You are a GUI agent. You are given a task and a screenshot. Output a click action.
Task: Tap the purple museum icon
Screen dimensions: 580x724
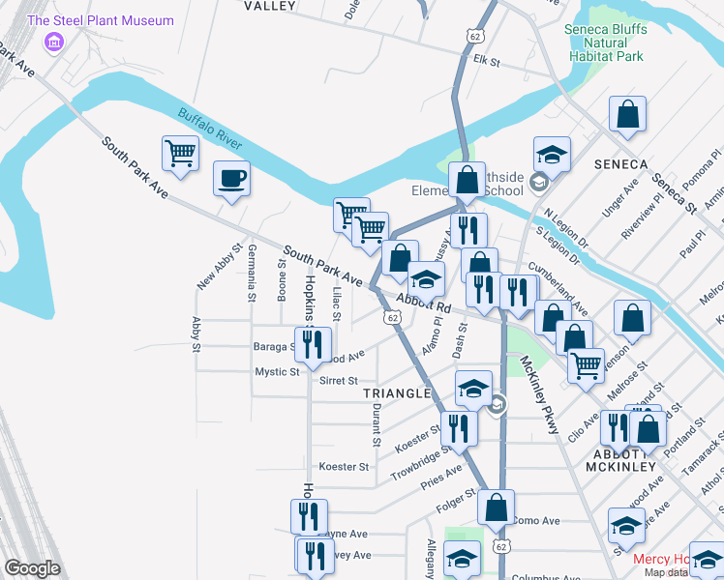point(55,42)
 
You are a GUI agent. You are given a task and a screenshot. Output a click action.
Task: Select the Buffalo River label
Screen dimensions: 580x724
point(209,128)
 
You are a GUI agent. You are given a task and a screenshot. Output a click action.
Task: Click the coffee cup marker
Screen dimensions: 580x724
point(231,180)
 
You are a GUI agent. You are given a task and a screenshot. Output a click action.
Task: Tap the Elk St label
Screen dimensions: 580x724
point(485,61)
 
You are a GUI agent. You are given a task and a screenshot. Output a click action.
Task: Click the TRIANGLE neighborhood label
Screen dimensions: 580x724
point(396,393)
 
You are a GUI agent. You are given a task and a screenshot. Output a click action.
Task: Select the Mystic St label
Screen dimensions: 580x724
point(277,372)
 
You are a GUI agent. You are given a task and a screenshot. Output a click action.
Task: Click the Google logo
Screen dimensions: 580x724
point(32,568)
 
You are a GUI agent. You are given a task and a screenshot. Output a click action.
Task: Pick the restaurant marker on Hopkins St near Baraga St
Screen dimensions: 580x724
point(312,345)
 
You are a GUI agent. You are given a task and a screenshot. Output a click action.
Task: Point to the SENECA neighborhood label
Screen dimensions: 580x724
point(620,163)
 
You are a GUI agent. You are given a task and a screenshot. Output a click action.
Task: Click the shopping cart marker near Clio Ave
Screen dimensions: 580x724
point(585,367)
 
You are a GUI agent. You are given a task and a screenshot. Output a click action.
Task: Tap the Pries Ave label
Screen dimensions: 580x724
point(441,471)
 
